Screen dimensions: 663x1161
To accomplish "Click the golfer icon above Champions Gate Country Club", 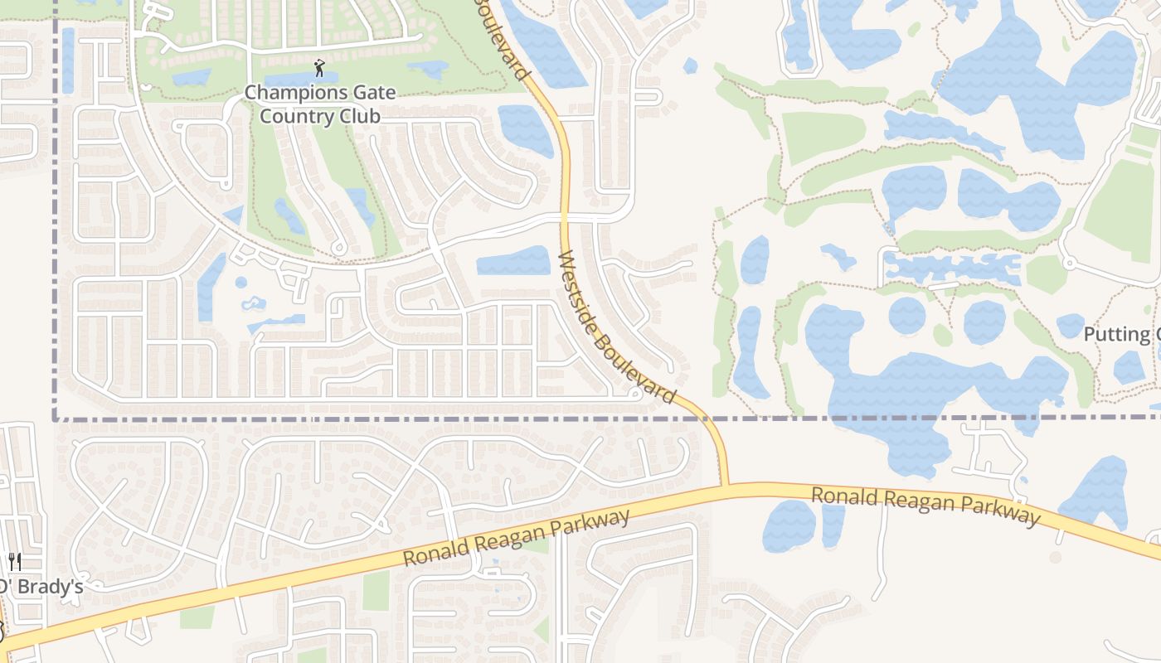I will pos(319,68).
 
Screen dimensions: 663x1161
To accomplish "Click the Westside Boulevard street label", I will pos(618,328).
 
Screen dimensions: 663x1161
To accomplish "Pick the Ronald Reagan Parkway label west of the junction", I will pos(517,539).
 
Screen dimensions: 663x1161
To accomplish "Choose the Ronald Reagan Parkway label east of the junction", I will pos(925,506).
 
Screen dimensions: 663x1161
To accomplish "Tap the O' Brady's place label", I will pos(41,587).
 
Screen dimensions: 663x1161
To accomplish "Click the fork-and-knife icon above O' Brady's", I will pos(14,562).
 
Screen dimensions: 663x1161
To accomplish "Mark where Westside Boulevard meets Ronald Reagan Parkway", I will pos(725,486).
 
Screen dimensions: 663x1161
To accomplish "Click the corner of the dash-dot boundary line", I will pos(56,419).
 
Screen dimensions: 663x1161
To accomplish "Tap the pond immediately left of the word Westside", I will pos(514,261).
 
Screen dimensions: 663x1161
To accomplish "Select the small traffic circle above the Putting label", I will pos(1068,264).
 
